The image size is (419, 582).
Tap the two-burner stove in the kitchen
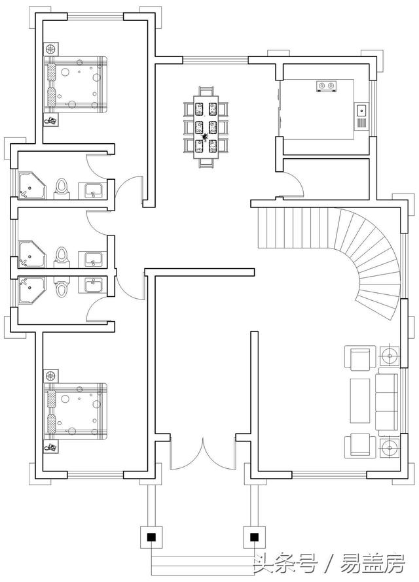327,86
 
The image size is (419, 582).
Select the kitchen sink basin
361,111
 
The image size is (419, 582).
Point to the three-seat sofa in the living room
388,404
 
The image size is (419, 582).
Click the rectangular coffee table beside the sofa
360,401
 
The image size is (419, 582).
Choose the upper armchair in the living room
359,358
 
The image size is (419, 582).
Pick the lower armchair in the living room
359,445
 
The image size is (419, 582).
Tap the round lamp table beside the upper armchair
390,356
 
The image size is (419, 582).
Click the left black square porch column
151,537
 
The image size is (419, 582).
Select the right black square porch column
254,537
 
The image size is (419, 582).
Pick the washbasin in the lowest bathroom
92,285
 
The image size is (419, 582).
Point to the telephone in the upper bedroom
51,120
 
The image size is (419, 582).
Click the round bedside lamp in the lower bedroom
50,375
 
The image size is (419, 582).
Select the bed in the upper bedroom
76,84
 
